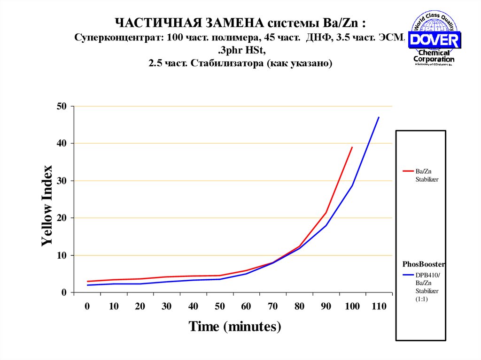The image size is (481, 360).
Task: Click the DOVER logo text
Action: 434,39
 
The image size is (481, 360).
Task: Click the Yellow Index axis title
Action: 47,206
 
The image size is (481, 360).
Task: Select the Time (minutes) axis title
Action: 235,326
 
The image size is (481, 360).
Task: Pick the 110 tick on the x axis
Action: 378,306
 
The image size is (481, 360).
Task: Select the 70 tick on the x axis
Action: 273,306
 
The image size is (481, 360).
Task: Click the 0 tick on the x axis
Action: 87,306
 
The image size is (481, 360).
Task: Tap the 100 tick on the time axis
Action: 352,306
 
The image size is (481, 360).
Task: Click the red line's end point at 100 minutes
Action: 352,147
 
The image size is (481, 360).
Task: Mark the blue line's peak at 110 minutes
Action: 379,117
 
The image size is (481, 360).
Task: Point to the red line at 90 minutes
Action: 326,213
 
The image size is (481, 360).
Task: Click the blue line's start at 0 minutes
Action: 88,285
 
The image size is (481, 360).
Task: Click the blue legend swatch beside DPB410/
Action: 407,276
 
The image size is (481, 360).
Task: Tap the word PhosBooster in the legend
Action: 423,264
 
